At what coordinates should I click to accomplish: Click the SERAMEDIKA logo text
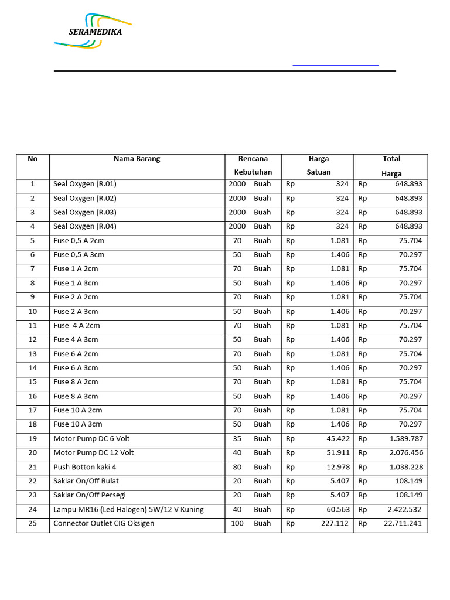(95, 32)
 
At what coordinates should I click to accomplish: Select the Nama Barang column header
(137, 159)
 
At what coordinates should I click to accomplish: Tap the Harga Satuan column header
(318, 165)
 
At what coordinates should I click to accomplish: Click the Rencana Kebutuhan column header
(253, 165)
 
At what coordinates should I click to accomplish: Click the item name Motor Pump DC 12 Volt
(94, 452)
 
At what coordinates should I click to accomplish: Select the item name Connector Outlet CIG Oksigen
(104, 523)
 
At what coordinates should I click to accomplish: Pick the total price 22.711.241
(403, 523)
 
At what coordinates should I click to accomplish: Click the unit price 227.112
(335, 523)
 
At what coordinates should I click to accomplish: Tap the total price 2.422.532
(404, 509)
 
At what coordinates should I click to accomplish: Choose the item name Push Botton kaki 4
(85, 467)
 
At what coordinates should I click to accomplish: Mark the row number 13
(32, 354)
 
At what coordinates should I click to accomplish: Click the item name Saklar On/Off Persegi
(90, 495)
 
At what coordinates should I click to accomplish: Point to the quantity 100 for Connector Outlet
(237, 523)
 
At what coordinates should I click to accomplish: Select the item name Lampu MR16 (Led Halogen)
(128, 509)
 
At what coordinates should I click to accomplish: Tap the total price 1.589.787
(404, 438)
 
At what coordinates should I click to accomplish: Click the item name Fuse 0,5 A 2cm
(79, 241)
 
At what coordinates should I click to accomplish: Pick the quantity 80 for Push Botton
(237, 467)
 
